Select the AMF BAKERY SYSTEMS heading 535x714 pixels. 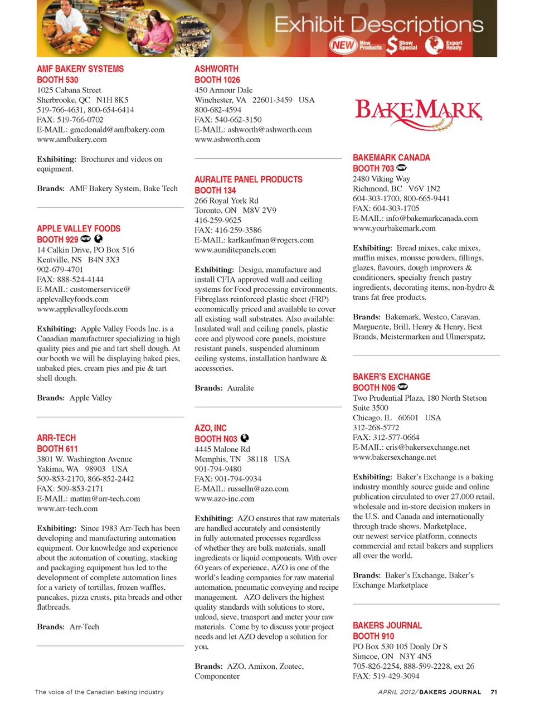[x=80, y=69]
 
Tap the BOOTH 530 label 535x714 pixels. [x=57, y=80]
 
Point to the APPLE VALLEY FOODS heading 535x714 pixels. [x=79, y=229]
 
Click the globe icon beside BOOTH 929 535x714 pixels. [x=99, y=239]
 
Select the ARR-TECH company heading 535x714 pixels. [x=56, y=438]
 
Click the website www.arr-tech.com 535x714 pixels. [x=67, y=508]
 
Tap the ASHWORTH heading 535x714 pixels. [x=216, y=69]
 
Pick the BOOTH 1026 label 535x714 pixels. [x=217, y=80]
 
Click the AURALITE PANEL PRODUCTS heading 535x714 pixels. [x=249, y=179]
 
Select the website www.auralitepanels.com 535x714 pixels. [x=235, y=250]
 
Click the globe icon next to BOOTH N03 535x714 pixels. [x=245, y=438]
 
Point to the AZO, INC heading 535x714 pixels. [x=211, y=428]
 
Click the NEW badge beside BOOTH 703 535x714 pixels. [x=401, y=168]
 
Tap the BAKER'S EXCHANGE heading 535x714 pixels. [x=391, y=377]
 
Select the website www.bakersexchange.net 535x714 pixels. [x=395, y=457]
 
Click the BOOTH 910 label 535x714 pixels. [x=373, y=636]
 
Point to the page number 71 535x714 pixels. [x=493, y=692]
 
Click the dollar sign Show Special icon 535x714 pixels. [x=392, y=45]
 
